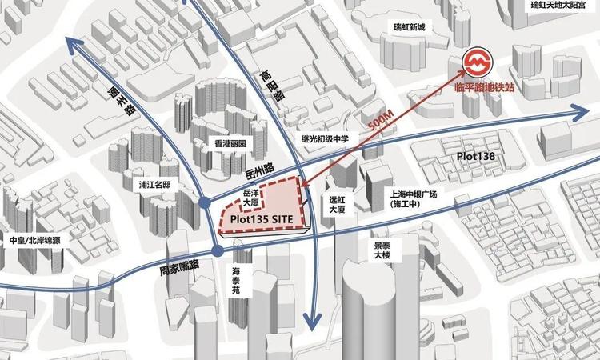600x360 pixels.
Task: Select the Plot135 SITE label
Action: pyautogui.click(x=262, y=218)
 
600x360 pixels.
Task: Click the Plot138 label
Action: pyautogui.click(x=478, y=155)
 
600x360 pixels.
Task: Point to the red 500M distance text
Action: pyautogui.click(x=382, y=122)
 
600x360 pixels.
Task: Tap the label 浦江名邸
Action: pyautogui.click(x=154, y=184)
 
